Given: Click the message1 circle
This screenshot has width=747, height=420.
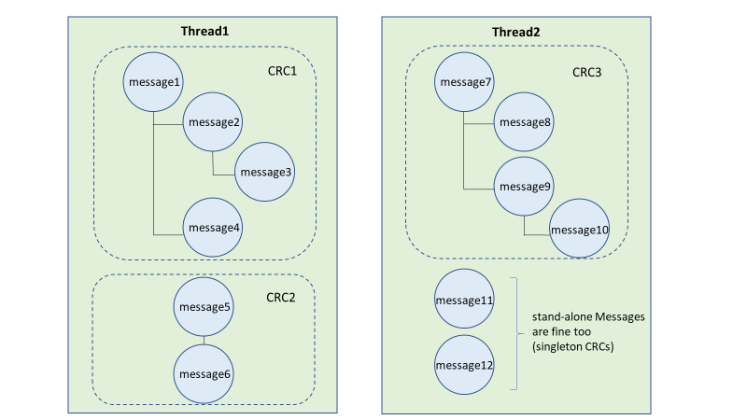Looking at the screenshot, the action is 153,82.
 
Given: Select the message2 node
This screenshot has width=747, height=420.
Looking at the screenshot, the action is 213,122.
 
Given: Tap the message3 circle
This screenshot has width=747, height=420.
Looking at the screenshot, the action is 265,172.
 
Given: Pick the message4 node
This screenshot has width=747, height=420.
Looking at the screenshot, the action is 213,228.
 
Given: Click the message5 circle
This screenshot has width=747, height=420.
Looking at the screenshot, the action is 204,307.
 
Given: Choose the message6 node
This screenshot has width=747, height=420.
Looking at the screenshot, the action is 204,374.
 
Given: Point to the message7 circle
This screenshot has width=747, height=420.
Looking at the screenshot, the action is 464,82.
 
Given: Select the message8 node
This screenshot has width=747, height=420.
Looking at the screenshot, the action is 524,122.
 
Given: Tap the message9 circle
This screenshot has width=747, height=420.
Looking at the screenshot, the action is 524,186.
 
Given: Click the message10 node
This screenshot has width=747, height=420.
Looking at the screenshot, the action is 579,229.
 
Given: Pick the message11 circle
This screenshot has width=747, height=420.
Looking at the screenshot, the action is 464,299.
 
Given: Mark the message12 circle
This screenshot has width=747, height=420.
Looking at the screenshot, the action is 464,365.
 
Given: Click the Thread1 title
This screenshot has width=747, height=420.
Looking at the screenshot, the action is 204,32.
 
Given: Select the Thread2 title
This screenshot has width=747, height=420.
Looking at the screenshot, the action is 516,33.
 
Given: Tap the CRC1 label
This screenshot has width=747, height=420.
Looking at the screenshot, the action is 282,72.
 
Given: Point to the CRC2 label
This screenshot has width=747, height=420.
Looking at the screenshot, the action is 281,298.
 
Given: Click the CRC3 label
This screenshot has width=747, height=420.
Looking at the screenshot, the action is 587,73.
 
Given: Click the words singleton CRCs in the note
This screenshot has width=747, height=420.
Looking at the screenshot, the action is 573,346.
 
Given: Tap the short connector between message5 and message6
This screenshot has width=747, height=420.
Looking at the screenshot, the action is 204,341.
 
